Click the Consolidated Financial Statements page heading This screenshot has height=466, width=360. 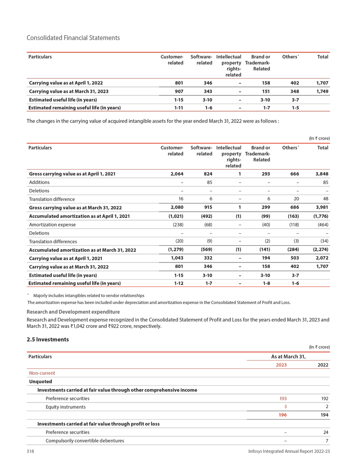tap(73, 38)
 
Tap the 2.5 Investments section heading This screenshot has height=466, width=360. tap(48, 339)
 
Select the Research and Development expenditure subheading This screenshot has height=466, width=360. tap(73, 312)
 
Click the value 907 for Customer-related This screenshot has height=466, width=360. tap(178, 91)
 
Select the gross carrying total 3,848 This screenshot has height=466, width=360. tap(320, 174)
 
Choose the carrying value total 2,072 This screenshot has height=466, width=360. tap(320, 258)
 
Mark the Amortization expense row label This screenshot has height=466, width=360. tap(52, 224)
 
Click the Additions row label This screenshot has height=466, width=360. tap(39, 182)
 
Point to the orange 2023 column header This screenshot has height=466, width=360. tap(281, 365)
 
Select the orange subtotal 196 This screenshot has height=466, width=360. tap(283, 415)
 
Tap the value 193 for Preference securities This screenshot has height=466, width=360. tap(283, 398)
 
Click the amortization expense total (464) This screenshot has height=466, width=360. tap(322, 224)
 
